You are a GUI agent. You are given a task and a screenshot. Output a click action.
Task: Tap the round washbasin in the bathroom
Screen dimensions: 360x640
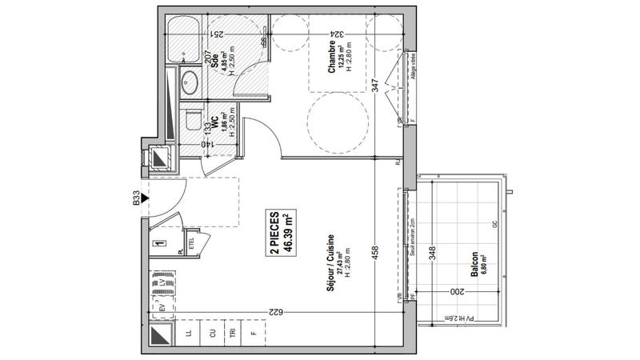click(x=190, y=80)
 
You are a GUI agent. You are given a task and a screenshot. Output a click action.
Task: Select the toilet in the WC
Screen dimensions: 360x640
click(x=190, y=119)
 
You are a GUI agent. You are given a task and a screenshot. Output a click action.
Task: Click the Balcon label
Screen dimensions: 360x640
click(x=475, y=263)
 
